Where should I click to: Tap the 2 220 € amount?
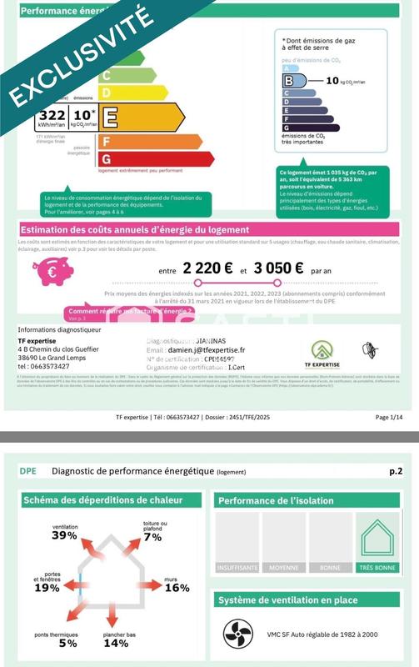coord(207,270)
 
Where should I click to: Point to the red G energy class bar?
coord(106,158)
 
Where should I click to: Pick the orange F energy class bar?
coord(106,141)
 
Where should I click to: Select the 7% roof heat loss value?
coord(152,537)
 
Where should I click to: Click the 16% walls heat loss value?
coord(177,588)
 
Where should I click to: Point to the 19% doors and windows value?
coord(47,588)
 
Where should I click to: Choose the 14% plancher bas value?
coord(116,643)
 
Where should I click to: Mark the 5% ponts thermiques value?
coord(51,643)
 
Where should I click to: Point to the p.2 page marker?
coord(395,471)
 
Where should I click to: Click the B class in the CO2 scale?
coord(289,81)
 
